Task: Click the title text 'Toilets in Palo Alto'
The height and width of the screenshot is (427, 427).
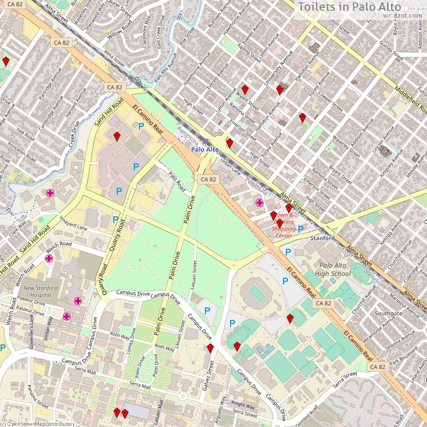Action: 361,7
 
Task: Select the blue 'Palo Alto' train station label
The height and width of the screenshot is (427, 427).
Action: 205,149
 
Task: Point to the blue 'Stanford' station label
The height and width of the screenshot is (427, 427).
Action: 322,238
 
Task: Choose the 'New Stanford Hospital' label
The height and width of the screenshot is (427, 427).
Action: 40,291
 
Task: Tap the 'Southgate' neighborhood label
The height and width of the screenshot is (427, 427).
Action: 388,313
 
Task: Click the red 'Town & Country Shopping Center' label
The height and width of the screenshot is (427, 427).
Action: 285,225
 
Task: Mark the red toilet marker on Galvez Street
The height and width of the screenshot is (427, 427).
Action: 210,348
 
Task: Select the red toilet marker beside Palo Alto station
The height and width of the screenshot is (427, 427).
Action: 229,143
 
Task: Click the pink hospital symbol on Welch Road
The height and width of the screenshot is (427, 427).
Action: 50,258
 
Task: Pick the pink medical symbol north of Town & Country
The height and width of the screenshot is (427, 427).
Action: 260,202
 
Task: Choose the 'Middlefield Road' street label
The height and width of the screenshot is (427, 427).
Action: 410,97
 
